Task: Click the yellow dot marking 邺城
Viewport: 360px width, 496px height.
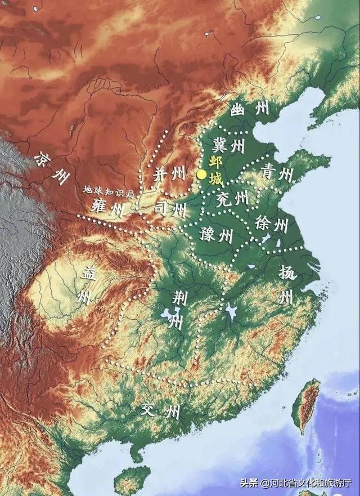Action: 201,175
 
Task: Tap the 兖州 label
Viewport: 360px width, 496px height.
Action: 232,198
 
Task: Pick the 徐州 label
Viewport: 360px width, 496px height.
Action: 271,224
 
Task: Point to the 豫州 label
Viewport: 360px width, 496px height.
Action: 216,234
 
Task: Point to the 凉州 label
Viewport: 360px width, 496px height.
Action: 49,167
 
